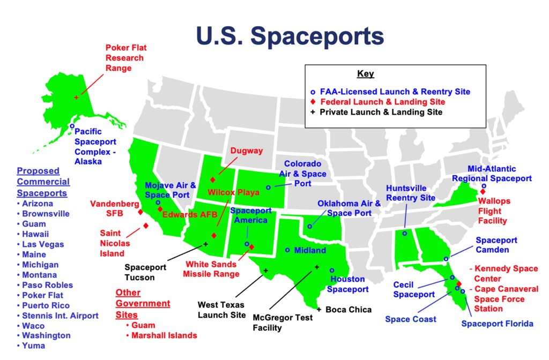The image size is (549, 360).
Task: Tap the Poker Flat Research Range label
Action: tap(125, 58)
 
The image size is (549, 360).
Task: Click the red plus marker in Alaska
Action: tap(76, 97)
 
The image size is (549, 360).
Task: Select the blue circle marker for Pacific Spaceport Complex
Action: tap(72, 126)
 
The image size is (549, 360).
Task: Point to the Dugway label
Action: tap(247, 151)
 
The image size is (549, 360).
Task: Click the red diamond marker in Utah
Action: tap(213, 180)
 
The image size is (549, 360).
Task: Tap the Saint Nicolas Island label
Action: tap(112, 243)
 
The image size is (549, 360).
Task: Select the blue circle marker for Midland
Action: tap(287, 250)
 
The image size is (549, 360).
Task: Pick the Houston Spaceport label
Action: tap(348, 284)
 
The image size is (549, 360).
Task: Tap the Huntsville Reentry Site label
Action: tap(411, 193)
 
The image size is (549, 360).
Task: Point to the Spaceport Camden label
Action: tap(496, 245)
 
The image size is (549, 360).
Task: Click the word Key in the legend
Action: tap(366, 74)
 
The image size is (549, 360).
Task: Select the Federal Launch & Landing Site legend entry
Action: tap(382, 102)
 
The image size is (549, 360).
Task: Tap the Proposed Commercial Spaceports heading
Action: tap(43, 182)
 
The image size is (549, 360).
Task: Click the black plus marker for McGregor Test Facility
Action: tap(317, 267)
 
